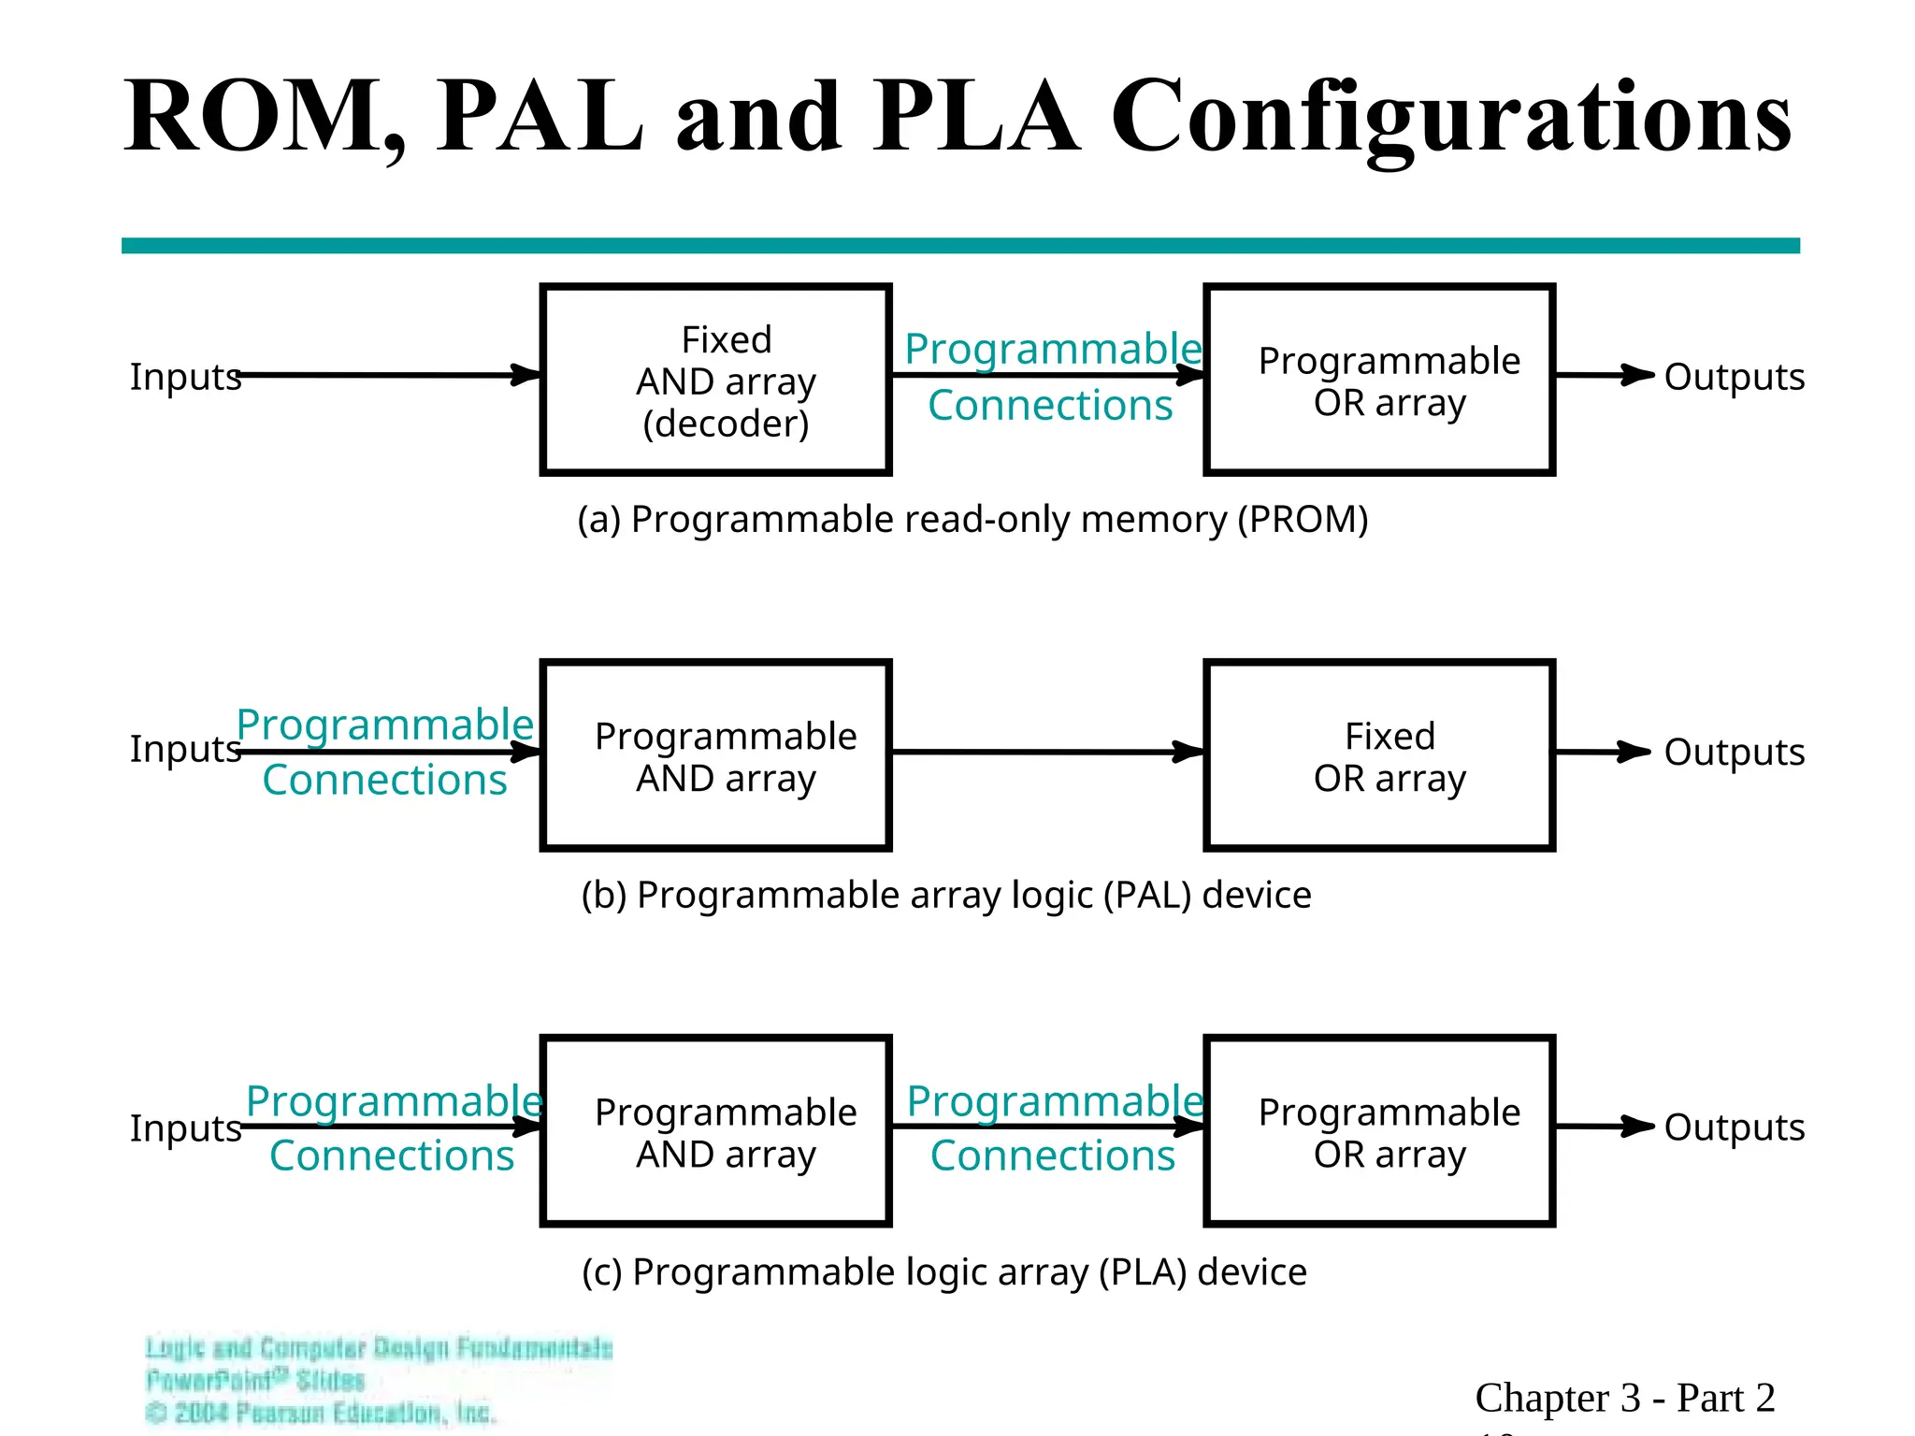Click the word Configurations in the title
click(x=1450, y=117)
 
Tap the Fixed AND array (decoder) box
click(x=715, y=381)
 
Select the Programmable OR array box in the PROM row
click(x=1379, y=381)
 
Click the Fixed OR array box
click(x=1379, y=755)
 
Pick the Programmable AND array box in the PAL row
click(x=715, y=755)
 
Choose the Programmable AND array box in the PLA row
click(x=715, y=1131)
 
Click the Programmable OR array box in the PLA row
click(x=1379, y=1131)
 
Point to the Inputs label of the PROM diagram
click(x=184, y=377)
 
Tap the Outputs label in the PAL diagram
click(x=1734, y=752)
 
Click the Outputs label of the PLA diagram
click(x=1734, y=1127)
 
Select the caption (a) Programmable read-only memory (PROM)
click(x=972, y=520)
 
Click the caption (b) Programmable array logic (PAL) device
click(x=945, y=896)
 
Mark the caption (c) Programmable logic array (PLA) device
click(x=943, y=1272)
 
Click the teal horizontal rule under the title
click(x=959, y=246)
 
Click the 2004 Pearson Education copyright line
click(x=321, y=1413)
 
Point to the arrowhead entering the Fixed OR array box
click(x=1189, y=752)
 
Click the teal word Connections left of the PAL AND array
click(x=384, y=780)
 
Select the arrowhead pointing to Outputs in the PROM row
click(x=1636, y=375)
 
